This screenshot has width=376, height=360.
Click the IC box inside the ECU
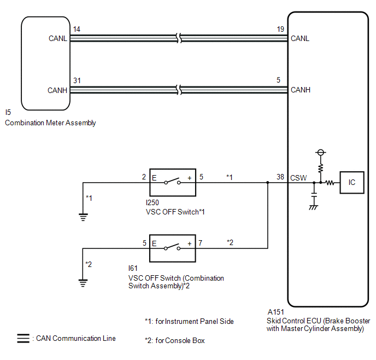click(352, 182)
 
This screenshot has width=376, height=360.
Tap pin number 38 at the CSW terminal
click(280, 177)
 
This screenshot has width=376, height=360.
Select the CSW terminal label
click(298, 178)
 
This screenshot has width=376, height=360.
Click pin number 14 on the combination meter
click(77, 29)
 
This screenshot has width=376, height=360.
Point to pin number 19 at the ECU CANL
click(280, 29)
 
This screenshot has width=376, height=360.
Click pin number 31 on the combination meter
click(77, 80)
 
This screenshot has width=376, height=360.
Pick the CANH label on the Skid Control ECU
click(301, 90)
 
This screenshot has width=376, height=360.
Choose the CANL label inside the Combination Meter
click(58, 38)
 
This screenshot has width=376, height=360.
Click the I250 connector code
click(152, 202)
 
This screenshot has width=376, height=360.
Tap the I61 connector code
click(133, 268)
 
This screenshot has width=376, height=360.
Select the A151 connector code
click(276, 312)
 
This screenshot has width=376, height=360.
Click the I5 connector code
click(8, 112)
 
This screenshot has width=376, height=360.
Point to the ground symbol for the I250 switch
click(83, 217)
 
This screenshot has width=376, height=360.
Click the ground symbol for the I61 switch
click(83, 283)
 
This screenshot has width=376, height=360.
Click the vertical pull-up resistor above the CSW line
click(321, 169)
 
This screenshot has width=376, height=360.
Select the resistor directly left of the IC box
click(330, 183)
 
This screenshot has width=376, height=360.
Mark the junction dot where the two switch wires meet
click(268, 183)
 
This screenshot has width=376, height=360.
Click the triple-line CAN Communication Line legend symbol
click(23, 338)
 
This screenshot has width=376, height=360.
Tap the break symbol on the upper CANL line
click(179, 38)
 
